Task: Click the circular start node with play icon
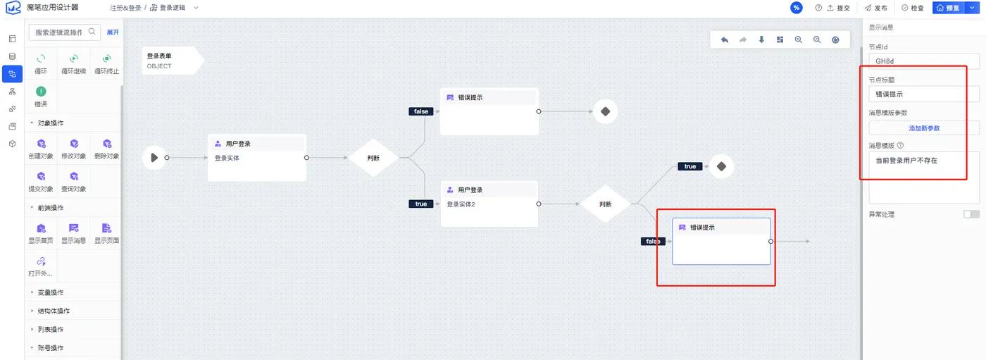tap(154, 158)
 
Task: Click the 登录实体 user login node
tap(257, 158)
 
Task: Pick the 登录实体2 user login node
tap(489, 204)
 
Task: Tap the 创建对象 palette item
tap(41, 149)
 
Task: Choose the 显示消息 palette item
tap(73, 233)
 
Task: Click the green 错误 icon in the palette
tap(41, 92)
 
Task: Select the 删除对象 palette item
tap(106, 149)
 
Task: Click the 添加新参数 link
tap(924, 128)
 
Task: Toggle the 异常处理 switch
tap(971, 214)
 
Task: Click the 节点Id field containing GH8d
tap(924, 61)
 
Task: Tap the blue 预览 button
tap(948, 8)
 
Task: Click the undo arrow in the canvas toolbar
tap(725, 39)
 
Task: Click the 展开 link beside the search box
tap(113, 32)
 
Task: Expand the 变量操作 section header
tap(50, 292)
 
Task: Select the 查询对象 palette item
tap(73, 181)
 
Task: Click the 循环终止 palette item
tap(106, 64)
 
